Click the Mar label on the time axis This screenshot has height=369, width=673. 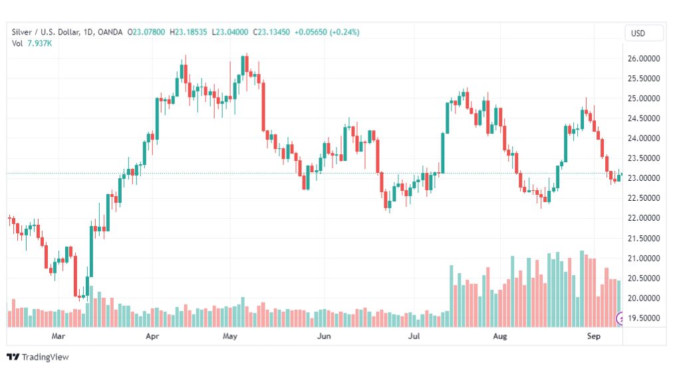coord(59,337)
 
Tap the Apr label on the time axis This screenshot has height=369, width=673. coord(152,337)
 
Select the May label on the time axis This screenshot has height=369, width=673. coord(230,337)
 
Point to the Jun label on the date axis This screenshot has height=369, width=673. coord(324,337)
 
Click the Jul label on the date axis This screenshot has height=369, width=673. coord(414,337)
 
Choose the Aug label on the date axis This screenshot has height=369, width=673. coord(499,337)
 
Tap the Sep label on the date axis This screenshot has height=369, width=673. coord(594,337)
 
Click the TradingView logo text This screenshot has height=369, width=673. coord(45,357)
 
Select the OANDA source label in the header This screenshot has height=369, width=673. coord(112,32)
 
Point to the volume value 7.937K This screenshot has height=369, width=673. coord(42,43)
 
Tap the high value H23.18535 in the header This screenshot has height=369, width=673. coord(189,32)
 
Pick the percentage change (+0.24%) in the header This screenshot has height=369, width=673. coord(341,32)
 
